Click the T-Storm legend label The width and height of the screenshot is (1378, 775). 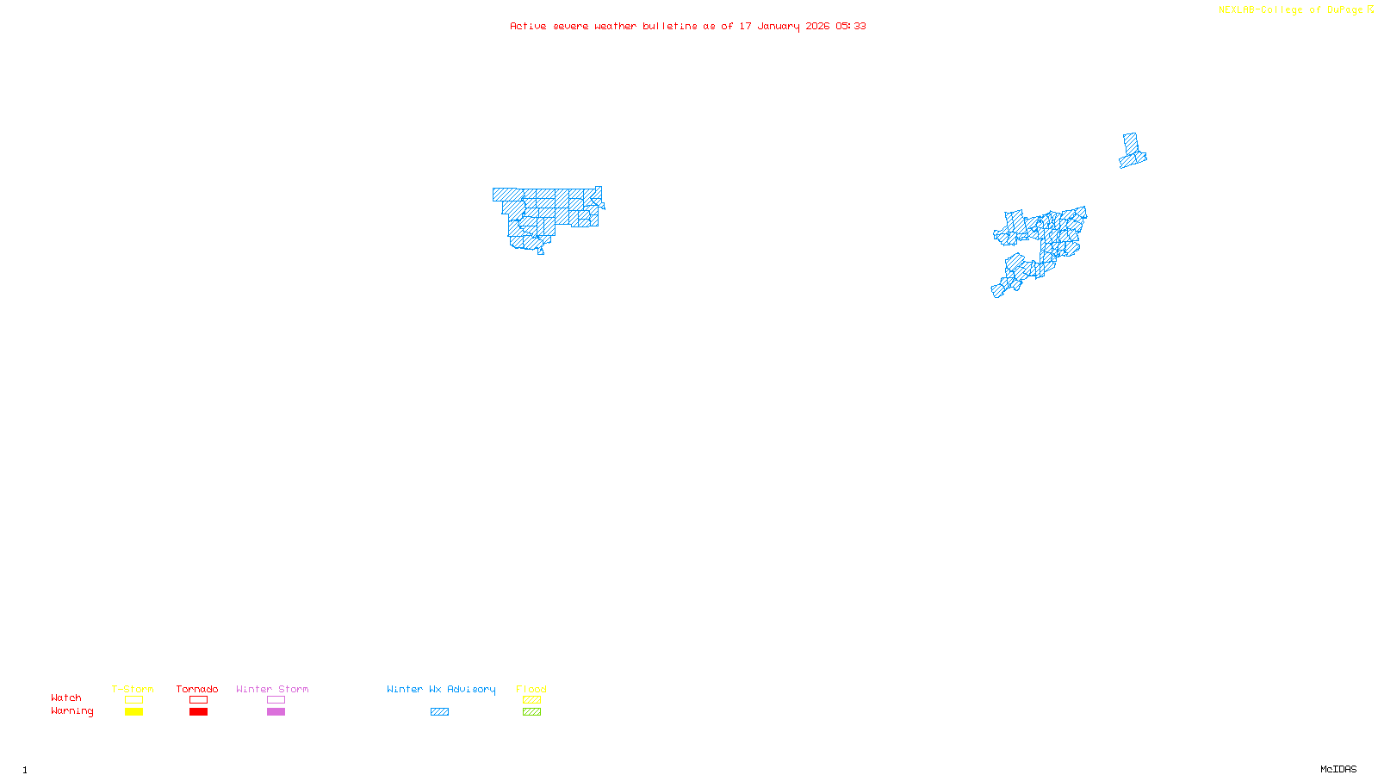[133, 689]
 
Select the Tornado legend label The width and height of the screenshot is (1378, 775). [197, 689]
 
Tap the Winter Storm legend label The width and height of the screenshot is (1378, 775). [272, 689]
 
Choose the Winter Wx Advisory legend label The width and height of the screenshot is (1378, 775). [441, 689]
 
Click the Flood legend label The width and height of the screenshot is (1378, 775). [531, 689]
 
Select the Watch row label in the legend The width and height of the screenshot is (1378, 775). [66, 697]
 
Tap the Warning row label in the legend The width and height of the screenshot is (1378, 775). [72, 711]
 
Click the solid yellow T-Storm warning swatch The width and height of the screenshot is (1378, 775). [133, 712]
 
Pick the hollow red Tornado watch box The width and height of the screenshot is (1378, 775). [198, 700]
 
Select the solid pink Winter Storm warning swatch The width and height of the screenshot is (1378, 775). [276, 712]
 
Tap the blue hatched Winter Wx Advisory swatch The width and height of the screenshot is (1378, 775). [439, 712]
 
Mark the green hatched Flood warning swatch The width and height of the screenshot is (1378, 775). [531, 712]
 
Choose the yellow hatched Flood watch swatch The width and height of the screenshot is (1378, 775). [531, 700]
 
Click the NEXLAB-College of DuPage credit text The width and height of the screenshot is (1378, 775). [1291, 9]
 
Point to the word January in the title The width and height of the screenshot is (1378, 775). [779, 26]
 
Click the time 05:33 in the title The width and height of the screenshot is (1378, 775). [851, 26]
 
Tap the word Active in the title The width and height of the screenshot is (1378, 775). [528, 26]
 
